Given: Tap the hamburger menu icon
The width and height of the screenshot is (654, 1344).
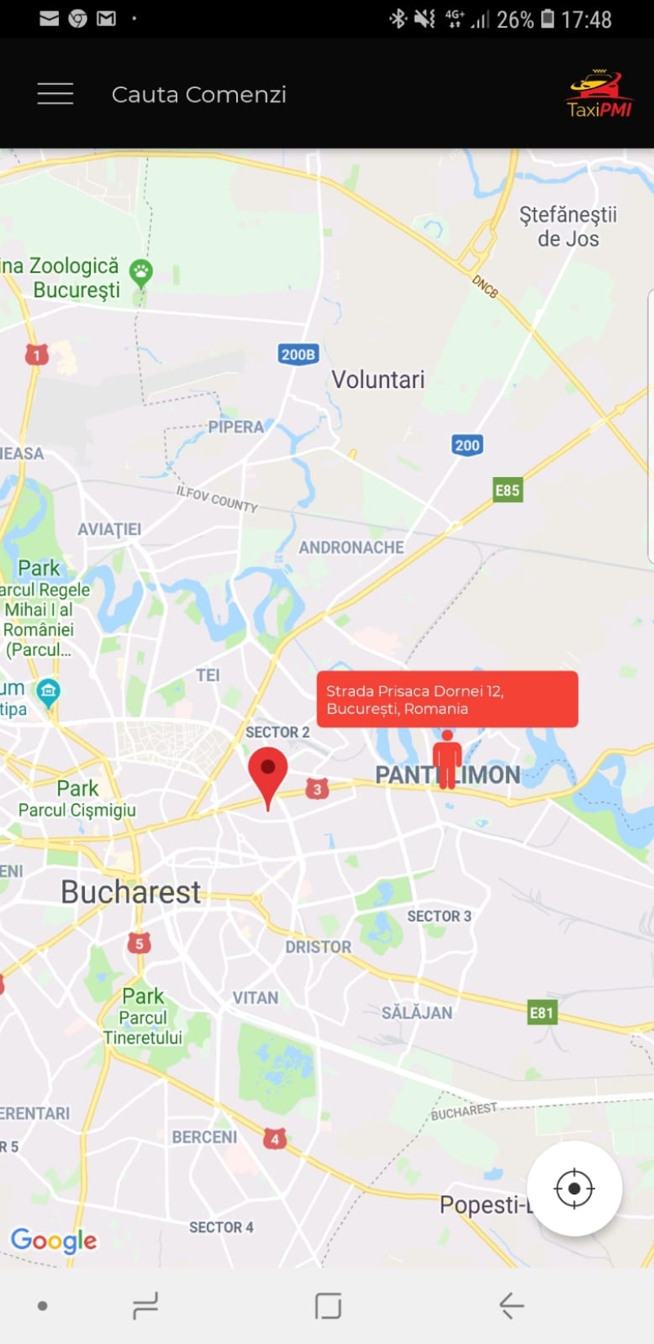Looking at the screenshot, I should pyautogui.click(x=56, y=94).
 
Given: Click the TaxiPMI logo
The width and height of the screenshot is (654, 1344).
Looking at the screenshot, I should pyautogui.click(x=599, y=95).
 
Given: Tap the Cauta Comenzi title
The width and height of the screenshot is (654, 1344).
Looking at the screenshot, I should pyautogui.click(x=199, y=95).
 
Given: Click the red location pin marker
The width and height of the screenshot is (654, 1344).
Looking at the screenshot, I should pyautogui.click(x=267, y=772).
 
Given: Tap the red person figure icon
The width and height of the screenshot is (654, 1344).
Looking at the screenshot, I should pyautogui.click(x=446, y=759).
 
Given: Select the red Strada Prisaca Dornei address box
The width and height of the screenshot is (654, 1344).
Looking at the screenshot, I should pyautogui.click(x=447, y=699).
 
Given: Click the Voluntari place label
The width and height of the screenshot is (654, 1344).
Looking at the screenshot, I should pyautogui.click(x=378, y=380).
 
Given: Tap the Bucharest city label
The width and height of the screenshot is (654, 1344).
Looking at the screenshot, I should pyautogui.click(x=131, y=892).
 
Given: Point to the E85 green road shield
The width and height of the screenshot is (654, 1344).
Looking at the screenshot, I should pyautogui.click(x=508, y=490).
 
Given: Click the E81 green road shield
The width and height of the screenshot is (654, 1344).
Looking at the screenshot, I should pyautogui.click(x=541, y=1013).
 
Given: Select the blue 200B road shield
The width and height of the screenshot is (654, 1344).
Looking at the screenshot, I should pyautogui.click(x=298, y=355).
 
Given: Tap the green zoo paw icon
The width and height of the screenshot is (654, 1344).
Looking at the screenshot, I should pyautogui.click(x=141, y=272).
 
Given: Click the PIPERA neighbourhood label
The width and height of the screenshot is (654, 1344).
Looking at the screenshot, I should pyautogui.click(x=235, y=426).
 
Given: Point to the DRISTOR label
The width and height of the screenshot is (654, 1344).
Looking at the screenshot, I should pyautogui.click(x=318, y=947).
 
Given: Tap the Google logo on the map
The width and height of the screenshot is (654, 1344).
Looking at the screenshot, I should pyautogui.click(x=54, y=1241).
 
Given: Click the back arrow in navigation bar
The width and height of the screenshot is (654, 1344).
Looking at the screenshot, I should pyautogui.click(x=512, y=1306).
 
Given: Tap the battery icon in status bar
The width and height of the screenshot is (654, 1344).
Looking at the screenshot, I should pyautogui.click(x=548, y=19).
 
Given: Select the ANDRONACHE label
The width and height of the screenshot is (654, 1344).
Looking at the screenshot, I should pyautogui.click(x=352, y=547).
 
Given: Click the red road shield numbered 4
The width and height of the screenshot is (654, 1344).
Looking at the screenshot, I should pyautogui.click(x=275, y=1138).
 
